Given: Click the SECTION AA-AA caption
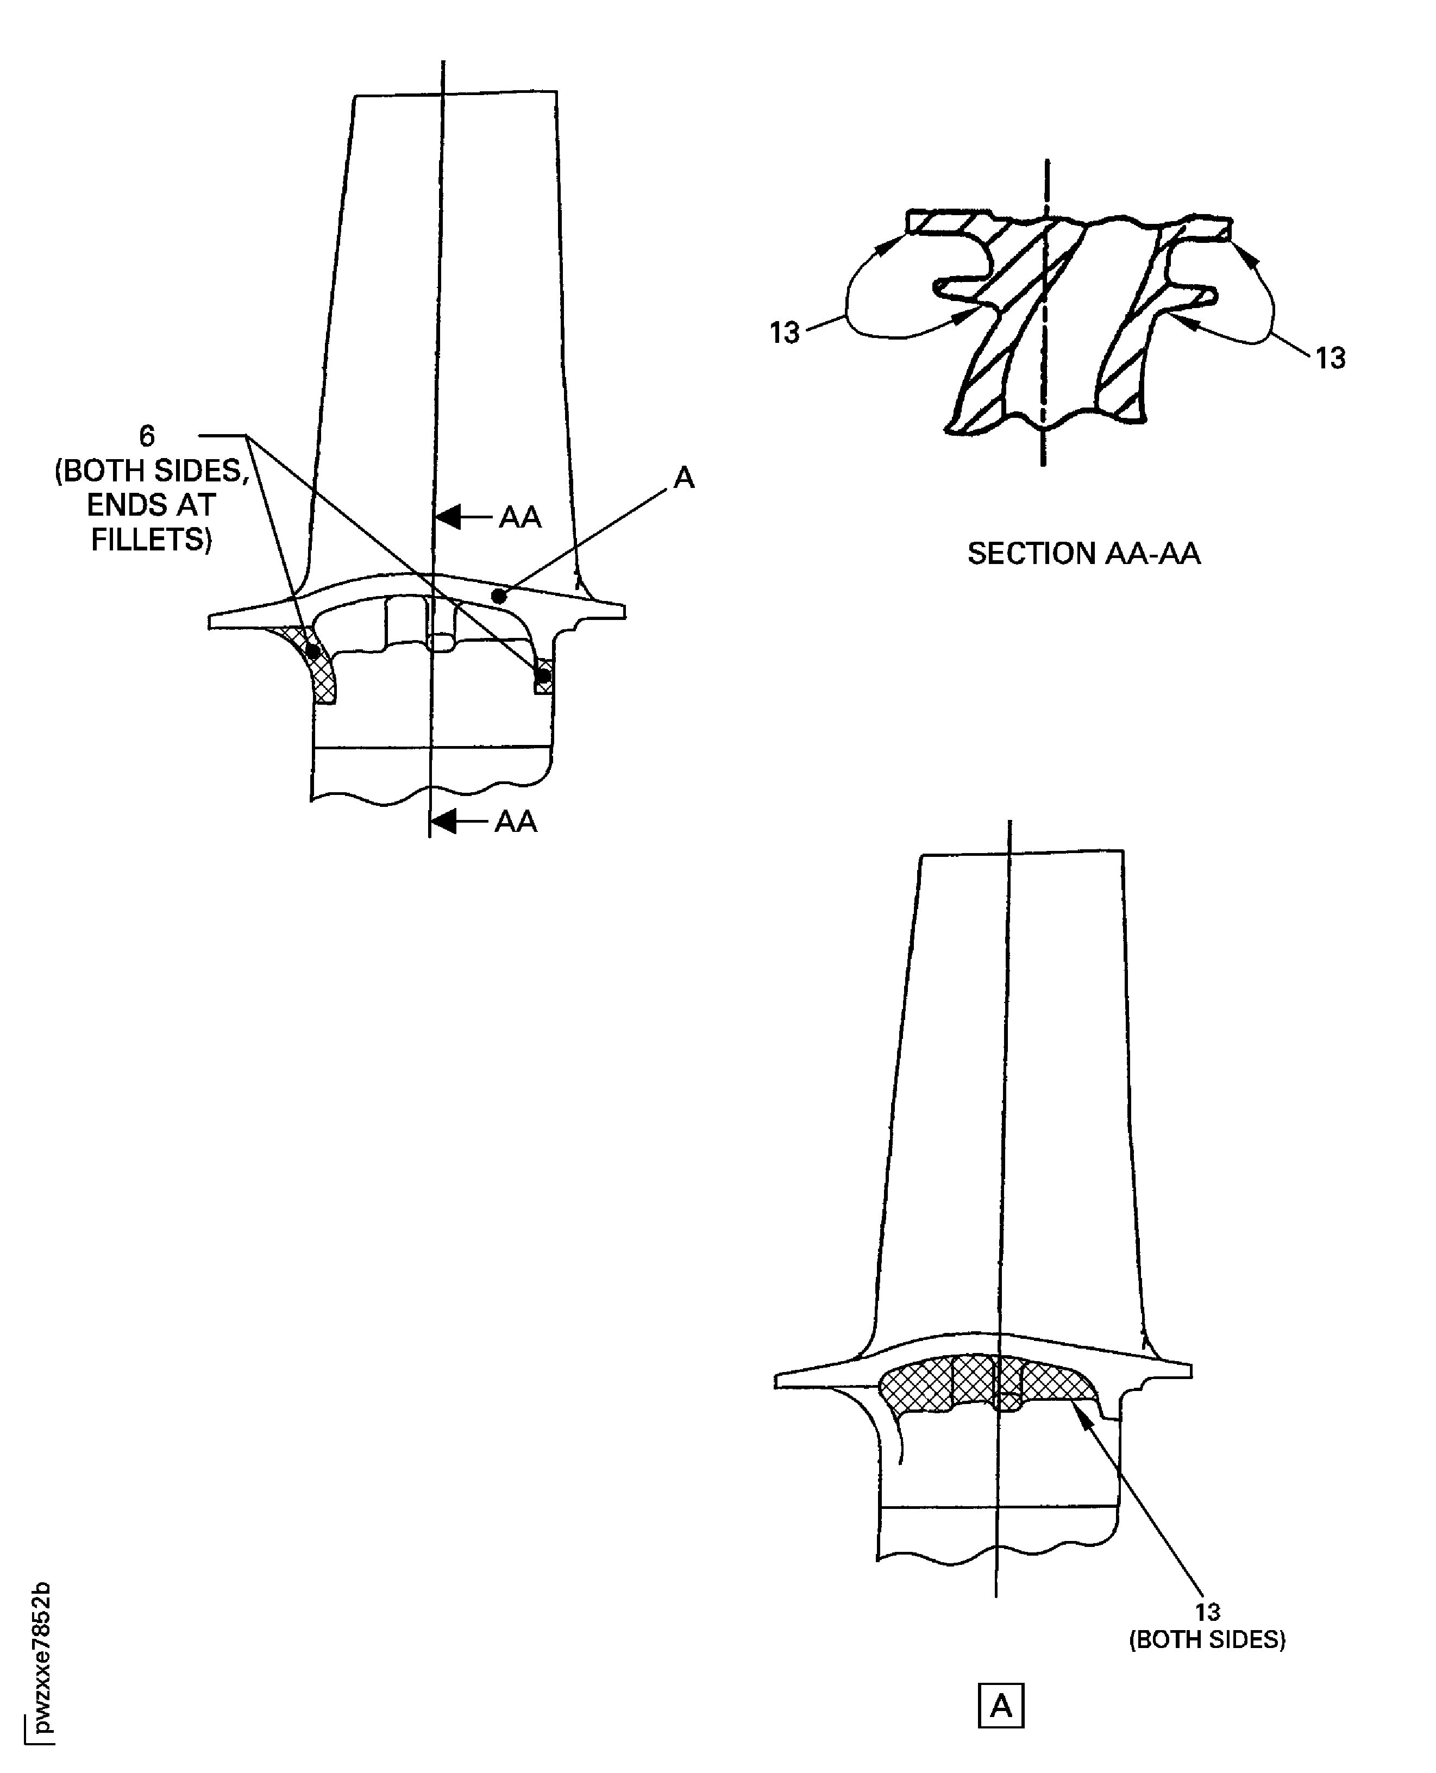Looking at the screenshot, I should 1083,554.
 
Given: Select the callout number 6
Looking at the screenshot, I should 146,436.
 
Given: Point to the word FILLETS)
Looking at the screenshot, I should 152,540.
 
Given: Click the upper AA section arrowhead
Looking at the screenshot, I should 448,517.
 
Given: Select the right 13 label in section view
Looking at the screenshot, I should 1330,358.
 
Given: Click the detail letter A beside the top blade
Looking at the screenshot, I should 684,478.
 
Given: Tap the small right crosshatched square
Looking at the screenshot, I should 543,676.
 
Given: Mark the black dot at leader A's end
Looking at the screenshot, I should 498,595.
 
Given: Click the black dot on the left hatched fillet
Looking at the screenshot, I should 312,652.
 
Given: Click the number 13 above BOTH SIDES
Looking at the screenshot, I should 1207,1612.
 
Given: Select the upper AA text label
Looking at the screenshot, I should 519,518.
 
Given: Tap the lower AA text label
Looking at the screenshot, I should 516,822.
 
